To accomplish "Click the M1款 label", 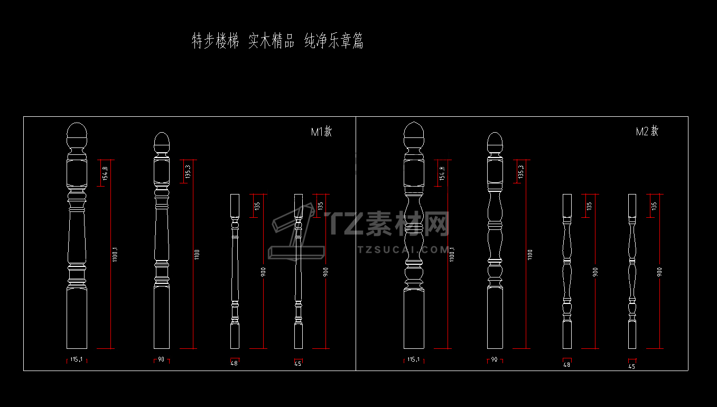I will [x=321, y=132].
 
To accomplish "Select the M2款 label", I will [x=647, y=132].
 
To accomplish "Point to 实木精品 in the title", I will [x=271, y=41].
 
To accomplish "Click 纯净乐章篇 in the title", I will [x=334, y=41].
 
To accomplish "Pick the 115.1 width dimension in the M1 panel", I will [x=76, y=359].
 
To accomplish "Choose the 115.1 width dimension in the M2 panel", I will [x=414, y=360].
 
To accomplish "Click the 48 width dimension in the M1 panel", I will [x=235, y=363].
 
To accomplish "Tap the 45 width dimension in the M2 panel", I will [x=632, y=366].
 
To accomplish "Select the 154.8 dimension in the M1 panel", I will [x=105, y=173].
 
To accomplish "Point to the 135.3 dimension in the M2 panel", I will [x=521, y=172].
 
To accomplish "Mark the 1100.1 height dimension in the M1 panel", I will [x=114, y=254].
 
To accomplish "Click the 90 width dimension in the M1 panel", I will [x=161, y=359].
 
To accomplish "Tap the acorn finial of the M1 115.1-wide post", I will [x=77, y=135].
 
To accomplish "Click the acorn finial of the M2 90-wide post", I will [x=495, y=142].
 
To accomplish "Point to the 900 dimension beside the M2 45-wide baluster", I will [x=659, y=272].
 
